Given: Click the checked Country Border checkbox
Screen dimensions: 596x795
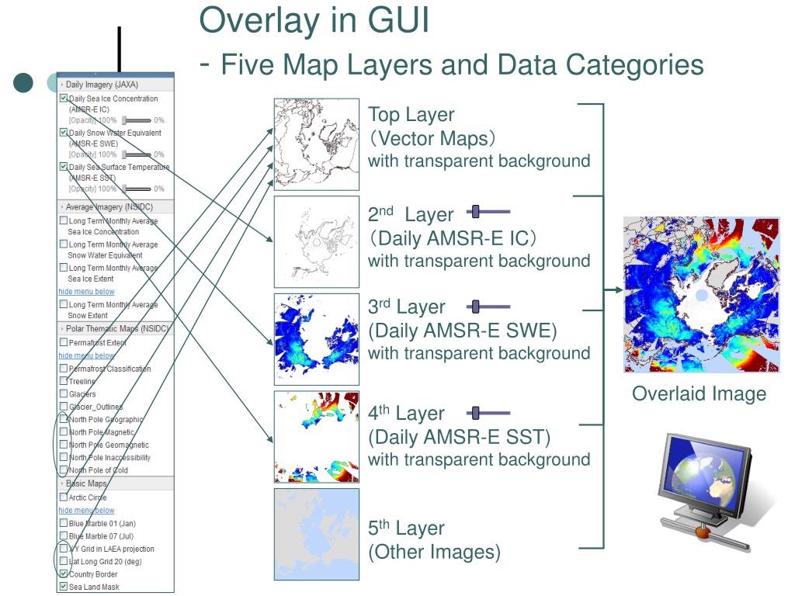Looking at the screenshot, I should pyautogui.click(x=64, y=574).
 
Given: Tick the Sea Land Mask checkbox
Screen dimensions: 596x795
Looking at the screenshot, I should pyautogui.click(x=64, y=587).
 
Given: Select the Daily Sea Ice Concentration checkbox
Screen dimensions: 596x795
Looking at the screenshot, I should pyautogui.click(x=64, y=99).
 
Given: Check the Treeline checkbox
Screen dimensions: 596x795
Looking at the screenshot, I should pyautogui.click(x=64, y=381).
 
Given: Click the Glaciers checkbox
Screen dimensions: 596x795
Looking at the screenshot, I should pyautogui.click(x=64, y=393).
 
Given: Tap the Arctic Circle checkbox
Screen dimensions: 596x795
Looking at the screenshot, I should pyautogui.click(x=64, y=497).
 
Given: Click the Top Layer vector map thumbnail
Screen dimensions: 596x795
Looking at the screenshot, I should pyautogui.click(x=317, y=144).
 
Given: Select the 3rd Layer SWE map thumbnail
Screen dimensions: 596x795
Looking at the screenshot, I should pyautogui.click(x=317, y=339).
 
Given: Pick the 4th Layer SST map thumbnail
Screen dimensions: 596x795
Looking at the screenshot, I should pyautogui.click(x=317, y=437).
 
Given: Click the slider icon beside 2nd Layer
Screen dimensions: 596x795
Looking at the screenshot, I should pyautogui.click(x=488, y=211).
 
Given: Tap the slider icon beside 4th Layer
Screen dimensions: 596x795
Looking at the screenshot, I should pyautogui.click(x=488, y=413).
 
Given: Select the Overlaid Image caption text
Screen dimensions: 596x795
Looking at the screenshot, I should pyautogui.click(x=699, y=393).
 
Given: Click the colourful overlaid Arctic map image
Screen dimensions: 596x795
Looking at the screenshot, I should pyautogui.click(x=701, y=295).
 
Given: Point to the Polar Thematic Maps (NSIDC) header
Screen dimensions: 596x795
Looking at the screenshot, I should pyautogui.click(x=116, y=328).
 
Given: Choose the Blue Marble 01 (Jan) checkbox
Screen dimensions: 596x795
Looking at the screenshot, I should pyautogui.click(x=64, y=523).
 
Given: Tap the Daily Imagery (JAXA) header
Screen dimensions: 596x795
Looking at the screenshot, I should pyautogui.click(x=101, y=85).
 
